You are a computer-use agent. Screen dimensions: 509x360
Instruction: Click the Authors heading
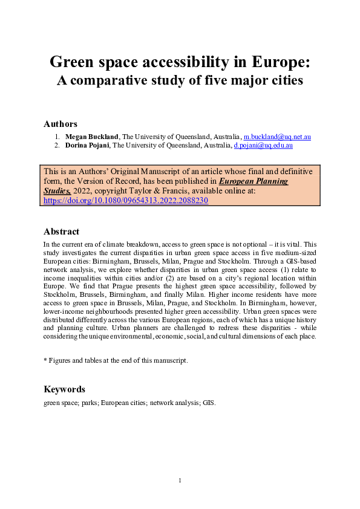[61, 124]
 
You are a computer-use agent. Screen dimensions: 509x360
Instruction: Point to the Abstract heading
[62, 232]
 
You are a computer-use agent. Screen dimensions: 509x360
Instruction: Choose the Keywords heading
[65, 389]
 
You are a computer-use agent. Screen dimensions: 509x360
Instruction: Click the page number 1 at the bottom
[180, 480]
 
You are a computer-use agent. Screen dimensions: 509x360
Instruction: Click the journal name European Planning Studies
[253, 181]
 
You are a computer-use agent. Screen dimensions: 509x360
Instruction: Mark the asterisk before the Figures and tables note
[45, 360]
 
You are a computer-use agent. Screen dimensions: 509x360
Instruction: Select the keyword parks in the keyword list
[93, 403]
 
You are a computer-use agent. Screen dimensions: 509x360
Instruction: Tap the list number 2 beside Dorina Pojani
[57, 146]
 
